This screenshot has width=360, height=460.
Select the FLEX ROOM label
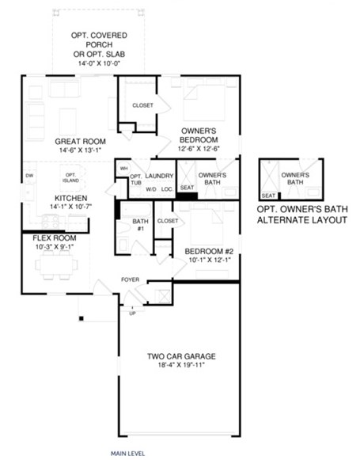[x=54, y=238]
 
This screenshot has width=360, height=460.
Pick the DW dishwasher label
[x=29, y=175]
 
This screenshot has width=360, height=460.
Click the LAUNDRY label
[x=160, y=177]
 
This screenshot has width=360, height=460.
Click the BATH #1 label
[x=140, y=225]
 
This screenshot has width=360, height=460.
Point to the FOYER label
[x=131, y=279]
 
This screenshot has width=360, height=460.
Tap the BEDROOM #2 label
[x=207, y=252]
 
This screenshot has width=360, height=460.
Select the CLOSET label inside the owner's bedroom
[x=142, y=105]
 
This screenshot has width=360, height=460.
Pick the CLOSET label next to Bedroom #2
[x=168, y=221]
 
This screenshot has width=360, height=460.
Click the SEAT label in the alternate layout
[x=268, y=195]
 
